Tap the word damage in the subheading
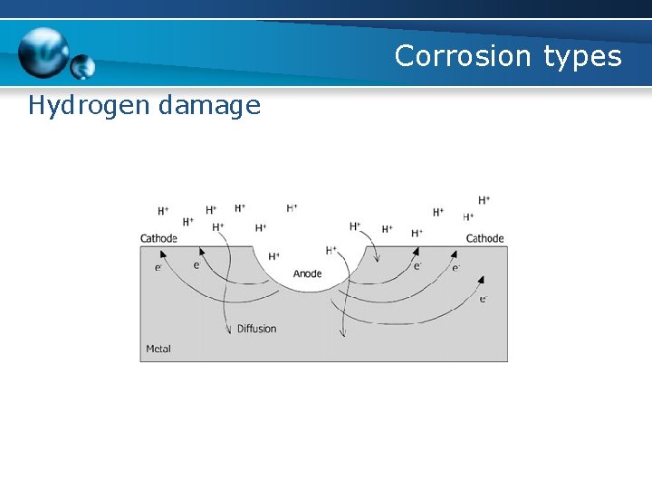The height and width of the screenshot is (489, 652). click(x=209, y=107)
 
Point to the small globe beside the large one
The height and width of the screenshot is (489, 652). click(x=83, y=67)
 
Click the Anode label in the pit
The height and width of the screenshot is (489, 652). click(x=307, y=273)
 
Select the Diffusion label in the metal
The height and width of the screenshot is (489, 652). click(x=256, y=329)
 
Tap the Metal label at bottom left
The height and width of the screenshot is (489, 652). click(x=158, y=349)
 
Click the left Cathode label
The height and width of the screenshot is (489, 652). click(x=158, y=239)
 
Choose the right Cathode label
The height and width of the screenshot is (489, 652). click(x=484, y=239)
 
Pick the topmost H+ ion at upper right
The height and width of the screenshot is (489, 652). click(x=484, y=200)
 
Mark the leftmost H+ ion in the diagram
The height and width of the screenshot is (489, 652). click(x=163, y=211)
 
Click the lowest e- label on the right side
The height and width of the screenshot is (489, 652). click(x=484, y=299)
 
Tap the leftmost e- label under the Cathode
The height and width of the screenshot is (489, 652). click(x=158, y=267)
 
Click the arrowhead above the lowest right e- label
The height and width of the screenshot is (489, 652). click(x=480, y=281)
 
